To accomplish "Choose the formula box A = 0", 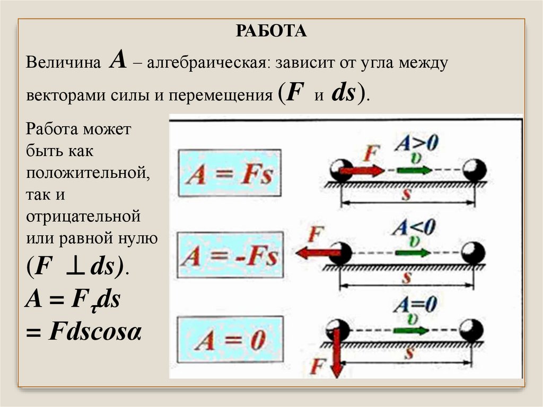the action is pyautogui.click(x=229, y=340).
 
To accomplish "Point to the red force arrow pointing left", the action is pyautogui.click(x=313, y=253).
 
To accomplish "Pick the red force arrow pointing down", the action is pyautogui.click(x=335, y=352).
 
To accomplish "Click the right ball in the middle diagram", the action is pyautogui.click(x=472, y=253).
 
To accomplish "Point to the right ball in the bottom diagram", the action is pyautogui.click(x=471, y=331).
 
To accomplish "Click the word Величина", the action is pyautogui.click(x=64, y=63).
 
